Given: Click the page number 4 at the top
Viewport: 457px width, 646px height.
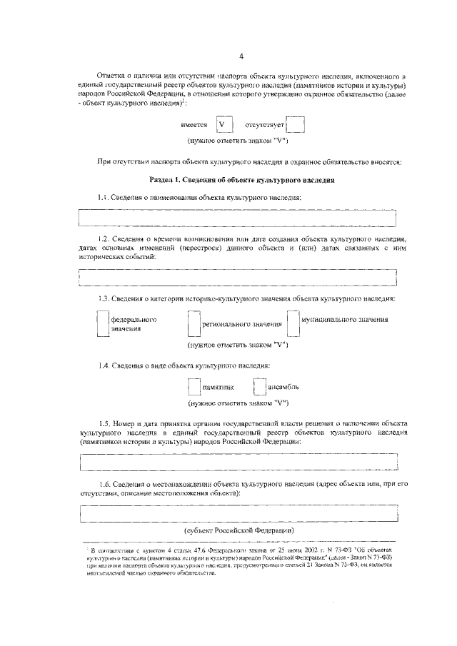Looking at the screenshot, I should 241,56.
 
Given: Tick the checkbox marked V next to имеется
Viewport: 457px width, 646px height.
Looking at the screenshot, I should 225,125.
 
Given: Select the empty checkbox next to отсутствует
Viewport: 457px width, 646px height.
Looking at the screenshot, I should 296,125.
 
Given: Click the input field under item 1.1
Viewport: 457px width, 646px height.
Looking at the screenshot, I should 238,217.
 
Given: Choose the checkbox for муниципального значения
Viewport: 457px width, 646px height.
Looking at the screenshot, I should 293,323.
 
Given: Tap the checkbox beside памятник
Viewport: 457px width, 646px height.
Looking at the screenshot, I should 194,388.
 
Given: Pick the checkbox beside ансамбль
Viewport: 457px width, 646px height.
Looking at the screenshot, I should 258,388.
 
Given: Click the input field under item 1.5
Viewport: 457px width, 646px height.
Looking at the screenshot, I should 238,463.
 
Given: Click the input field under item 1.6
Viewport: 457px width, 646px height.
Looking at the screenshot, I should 238,513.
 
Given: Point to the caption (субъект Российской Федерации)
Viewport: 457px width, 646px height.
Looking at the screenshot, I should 238,532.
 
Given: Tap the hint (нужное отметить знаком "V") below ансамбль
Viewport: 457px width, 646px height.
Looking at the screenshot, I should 238,403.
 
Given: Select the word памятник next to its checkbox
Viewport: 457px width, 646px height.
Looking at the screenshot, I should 218,388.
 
